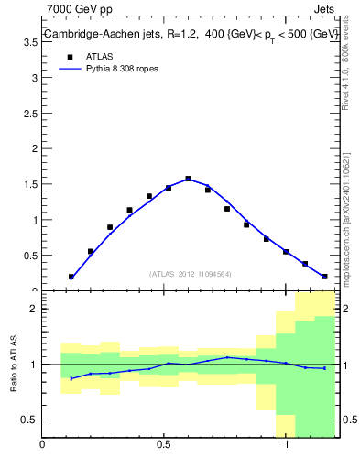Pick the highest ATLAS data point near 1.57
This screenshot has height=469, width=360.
tap(188, 179)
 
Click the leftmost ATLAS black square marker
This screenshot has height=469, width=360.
tap(71, 277)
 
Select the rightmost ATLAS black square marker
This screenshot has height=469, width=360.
tap(324, 277)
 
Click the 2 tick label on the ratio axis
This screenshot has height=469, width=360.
tap(33, 309)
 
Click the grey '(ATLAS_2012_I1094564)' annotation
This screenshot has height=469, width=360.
tap(191, 273)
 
